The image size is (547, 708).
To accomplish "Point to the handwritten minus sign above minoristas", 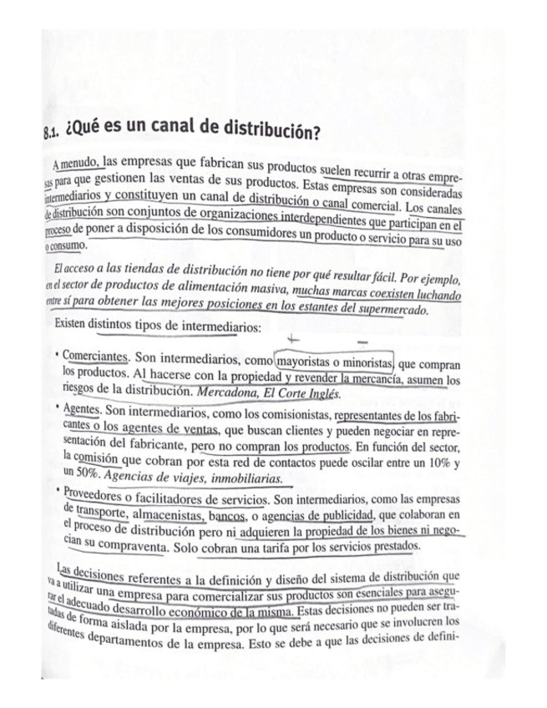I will click(362, 341).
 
